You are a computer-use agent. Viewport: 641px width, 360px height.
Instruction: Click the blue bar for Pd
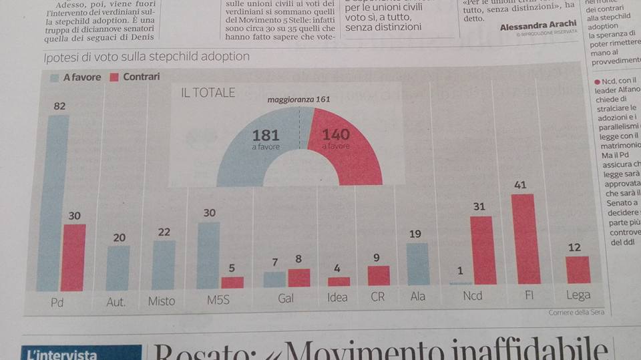[52, 200]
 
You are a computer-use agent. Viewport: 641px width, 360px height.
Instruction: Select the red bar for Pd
[74, 257]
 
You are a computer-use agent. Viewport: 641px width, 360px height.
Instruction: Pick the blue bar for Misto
[164, 265]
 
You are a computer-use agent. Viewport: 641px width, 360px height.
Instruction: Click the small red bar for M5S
[233, 282]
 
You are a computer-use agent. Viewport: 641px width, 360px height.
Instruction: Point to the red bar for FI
[525, 239]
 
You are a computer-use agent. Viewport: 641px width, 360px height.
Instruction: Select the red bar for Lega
[578, 270]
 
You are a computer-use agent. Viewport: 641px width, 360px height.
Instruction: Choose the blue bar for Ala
[419, 264]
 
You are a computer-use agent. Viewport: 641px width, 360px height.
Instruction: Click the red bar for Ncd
[482, 250]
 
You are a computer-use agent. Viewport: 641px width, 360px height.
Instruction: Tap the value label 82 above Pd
[59, 106]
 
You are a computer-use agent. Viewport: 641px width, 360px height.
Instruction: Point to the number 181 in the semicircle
[266, 135]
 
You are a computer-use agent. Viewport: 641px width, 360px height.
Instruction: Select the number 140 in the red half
[336, 135]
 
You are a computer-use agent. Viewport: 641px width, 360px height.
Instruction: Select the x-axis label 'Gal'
[286, 298]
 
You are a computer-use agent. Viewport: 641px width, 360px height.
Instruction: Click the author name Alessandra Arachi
[538, 26]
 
